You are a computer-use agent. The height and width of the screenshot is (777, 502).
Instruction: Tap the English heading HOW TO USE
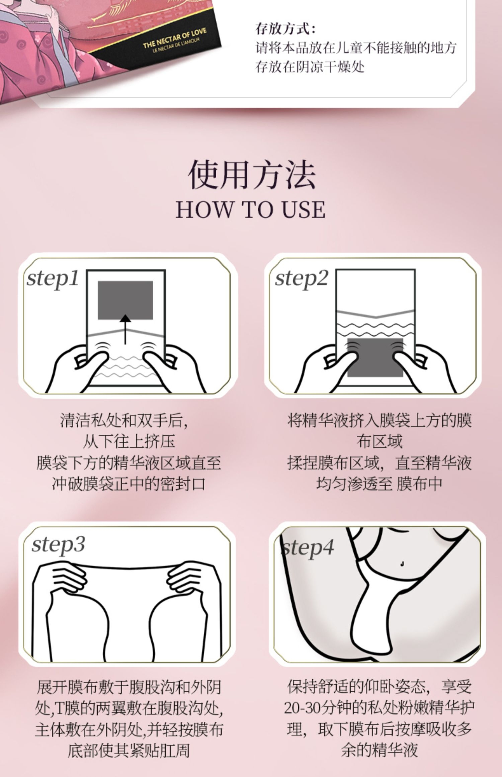251,210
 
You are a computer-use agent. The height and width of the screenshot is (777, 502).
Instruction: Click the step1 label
53,278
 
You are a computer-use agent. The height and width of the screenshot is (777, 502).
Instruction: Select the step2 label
301,278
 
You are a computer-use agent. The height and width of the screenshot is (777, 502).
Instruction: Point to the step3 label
58,545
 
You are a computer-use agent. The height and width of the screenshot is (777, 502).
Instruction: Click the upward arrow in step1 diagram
125,329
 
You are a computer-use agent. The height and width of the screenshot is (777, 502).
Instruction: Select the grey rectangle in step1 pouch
125,300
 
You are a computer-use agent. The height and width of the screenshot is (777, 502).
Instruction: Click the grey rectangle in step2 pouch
375,357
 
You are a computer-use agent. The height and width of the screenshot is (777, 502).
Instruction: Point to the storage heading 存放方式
285,29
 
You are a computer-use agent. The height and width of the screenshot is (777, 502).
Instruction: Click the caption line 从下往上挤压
129,441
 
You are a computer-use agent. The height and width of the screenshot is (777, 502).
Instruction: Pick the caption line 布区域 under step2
380,441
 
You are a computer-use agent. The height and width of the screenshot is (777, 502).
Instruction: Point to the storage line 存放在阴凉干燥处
310,67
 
